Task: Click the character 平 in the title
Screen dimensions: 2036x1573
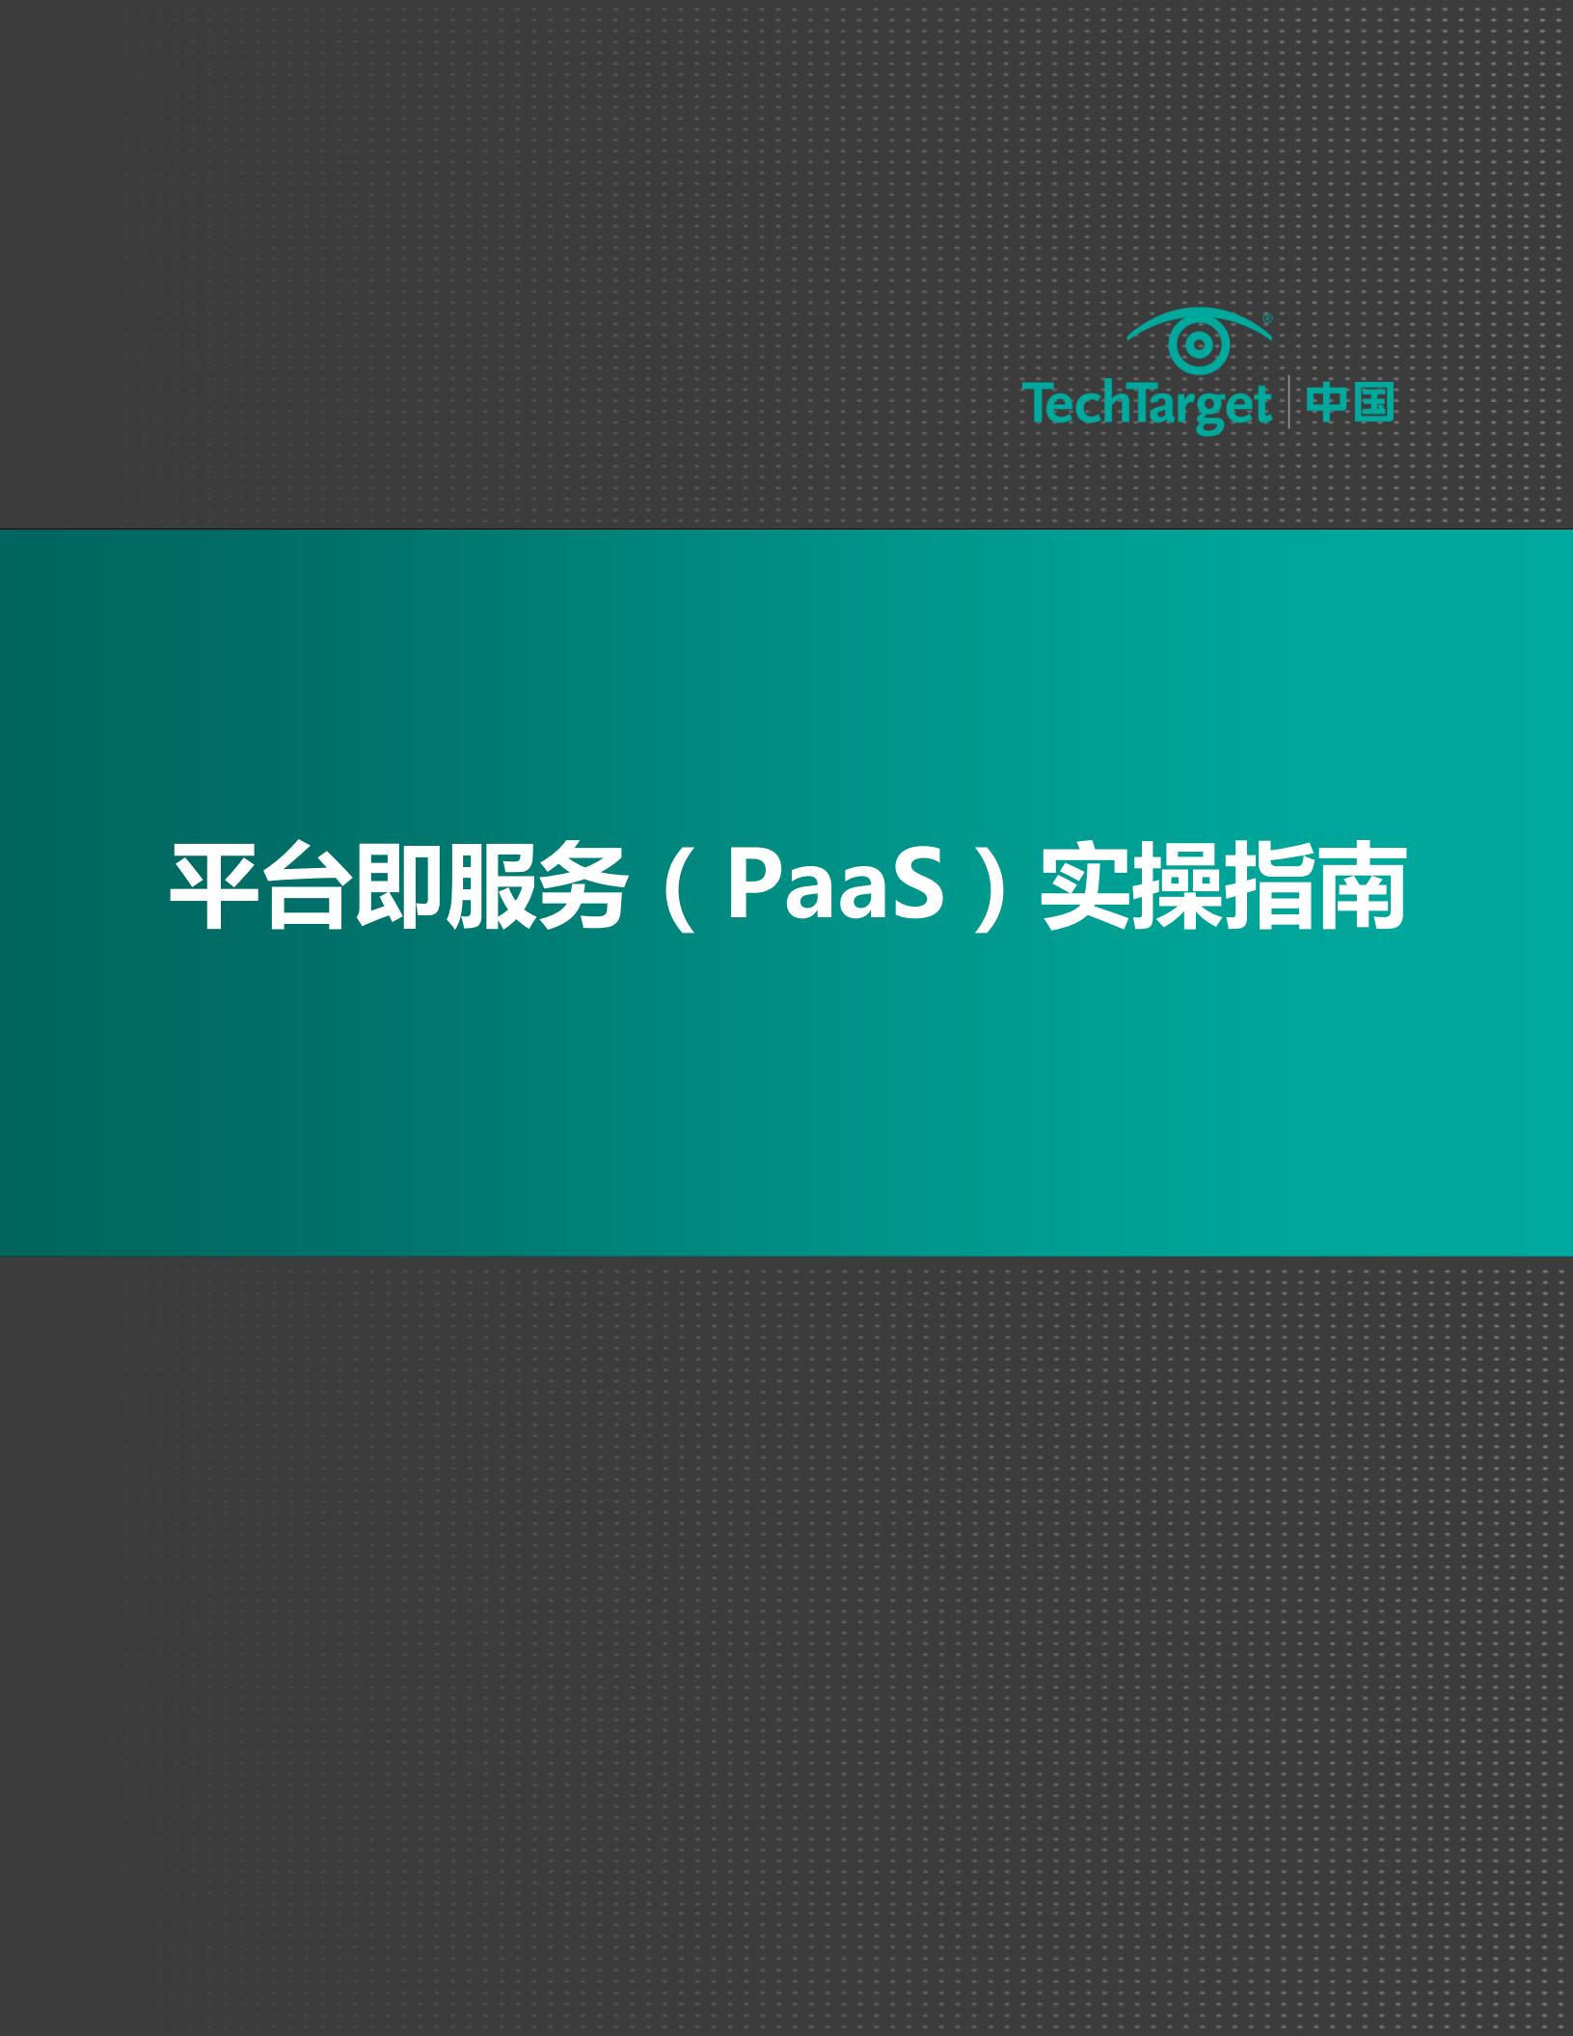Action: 214,885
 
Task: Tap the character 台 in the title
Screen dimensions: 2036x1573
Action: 306,885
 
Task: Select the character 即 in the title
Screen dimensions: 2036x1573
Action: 397,885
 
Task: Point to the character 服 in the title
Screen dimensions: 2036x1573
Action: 490,885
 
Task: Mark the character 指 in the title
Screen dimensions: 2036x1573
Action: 1270,885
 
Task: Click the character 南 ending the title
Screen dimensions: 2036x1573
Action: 1362,885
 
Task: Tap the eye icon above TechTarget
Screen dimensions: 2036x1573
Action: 1199,341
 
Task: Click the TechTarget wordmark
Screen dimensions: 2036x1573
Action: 1146,403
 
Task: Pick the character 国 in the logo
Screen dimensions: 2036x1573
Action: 1373,402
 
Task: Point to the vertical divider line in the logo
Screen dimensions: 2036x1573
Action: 1288,402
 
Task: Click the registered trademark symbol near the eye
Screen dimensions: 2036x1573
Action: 1267,317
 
